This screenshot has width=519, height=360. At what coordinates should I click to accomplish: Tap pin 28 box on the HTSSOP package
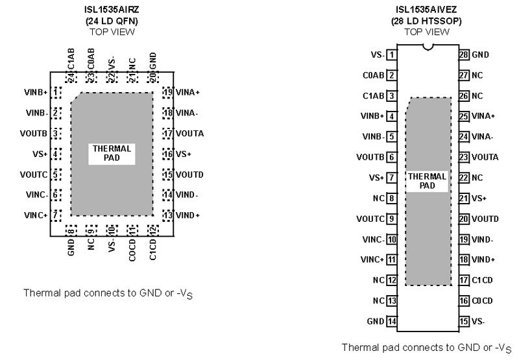tap(464, 55)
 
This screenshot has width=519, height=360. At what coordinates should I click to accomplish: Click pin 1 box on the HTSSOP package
tap(392, 55)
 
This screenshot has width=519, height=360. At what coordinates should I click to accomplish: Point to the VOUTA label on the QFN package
tap(190, 134)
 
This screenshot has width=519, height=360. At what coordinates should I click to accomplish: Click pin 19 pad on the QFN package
tap(168, 92)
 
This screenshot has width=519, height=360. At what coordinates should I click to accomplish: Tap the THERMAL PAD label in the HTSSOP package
tap(427, 180)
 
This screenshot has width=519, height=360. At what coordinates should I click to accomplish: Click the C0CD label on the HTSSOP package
tap(482, 301)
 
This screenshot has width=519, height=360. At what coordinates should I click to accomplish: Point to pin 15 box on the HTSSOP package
tap(464, 321)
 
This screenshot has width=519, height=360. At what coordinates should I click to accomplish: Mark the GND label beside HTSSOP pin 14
tap(374, 321)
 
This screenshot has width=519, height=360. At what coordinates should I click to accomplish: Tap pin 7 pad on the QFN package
tap(57, 215)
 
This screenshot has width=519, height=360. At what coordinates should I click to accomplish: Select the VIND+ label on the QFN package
tap(188, 215)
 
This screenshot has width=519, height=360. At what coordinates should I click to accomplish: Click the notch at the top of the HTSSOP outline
tap(428, 46)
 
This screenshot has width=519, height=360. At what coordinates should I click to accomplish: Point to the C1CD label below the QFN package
tap(153, 250)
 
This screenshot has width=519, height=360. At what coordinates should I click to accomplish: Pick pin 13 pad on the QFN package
tap(168, 215)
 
